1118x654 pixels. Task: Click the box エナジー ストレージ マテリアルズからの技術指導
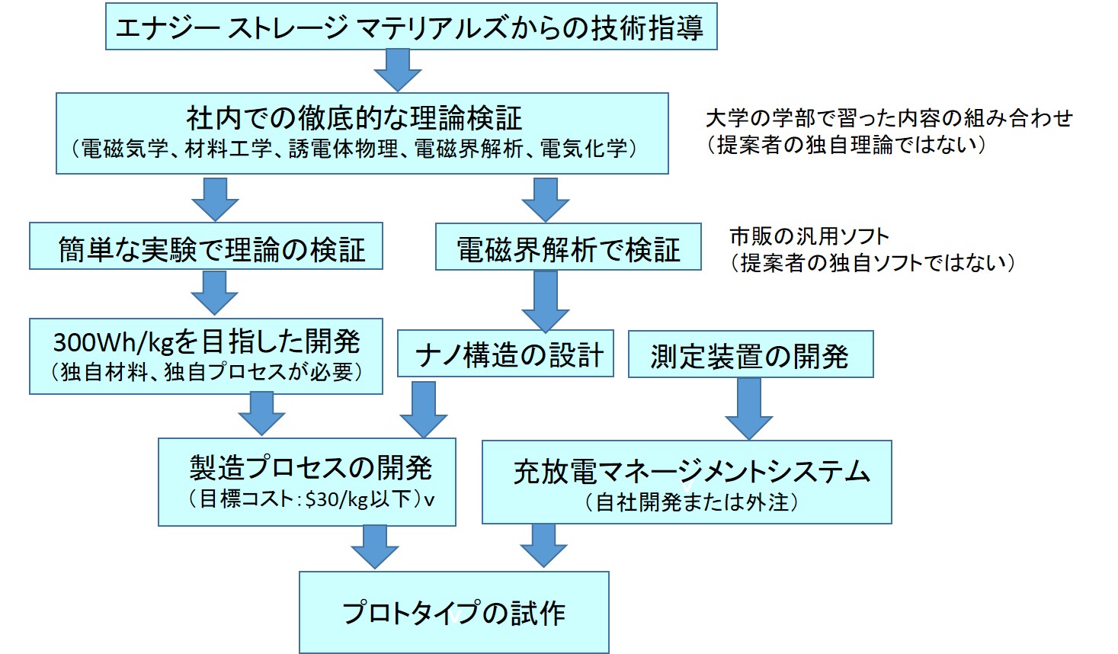pyautogui.click(x=411, y=27)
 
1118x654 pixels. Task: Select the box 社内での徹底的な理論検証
pyautogui.click(x=362, y=133)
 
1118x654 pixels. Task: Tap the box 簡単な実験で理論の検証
pyautogui.click(x=206, y=246)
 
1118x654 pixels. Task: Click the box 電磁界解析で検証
pyautogui.click(x=568, y=247)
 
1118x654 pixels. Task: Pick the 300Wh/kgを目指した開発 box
pyautogui.click(x=206, y=356)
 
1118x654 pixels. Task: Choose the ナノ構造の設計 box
pyautogui.click(x=505, y=354)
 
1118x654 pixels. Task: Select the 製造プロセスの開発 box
pyautogui.click(x=306, y=482)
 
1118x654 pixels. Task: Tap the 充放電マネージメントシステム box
pyautogui.click(x=687, y=482)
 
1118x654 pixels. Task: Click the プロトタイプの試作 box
pyautogui.click(x=453, y=612)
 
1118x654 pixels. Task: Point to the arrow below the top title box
pyautogui.click(x=397, y=70)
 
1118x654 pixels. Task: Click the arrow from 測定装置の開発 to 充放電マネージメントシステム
pyautogui.click(x=748, y=409)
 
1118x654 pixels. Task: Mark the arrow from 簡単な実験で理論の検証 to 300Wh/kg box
pyautogui.click(x=214, y=293)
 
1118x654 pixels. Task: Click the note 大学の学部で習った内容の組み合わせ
pyautogui.click(x=889, y=118)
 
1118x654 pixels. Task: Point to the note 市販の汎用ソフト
pyautogui.click(x=809, y=236)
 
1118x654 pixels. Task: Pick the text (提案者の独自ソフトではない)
pyautogui.click(x=873, y=263)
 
